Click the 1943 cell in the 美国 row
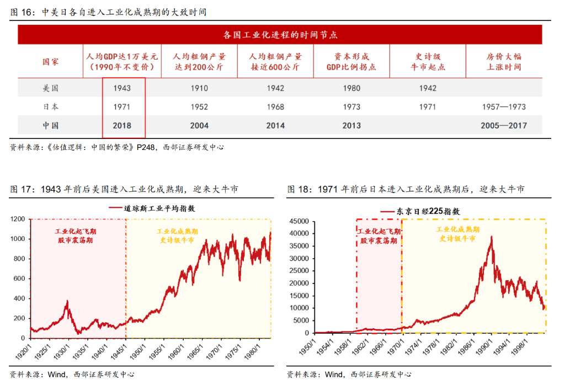122,88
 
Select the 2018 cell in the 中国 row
122,126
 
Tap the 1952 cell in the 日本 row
199,107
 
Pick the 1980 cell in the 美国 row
351,88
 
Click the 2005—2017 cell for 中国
504,126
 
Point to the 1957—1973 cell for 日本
504,107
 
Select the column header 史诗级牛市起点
428,61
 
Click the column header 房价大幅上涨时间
504,61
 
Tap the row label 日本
51,107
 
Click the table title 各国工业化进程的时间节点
280,35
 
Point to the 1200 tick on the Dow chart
18,219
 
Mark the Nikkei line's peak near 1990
491,237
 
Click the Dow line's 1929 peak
67,301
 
